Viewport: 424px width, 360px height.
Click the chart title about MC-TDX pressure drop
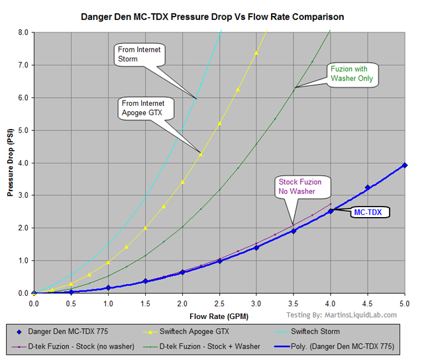coord(212,15)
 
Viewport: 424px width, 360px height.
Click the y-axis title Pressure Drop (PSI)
coord(11,163)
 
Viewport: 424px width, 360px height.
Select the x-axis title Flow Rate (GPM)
coord(219,316)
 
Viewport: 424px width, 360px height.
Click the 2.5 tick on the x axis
coord(219,303)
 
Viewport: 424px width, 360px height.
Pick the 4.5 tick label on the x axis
coord(368,303)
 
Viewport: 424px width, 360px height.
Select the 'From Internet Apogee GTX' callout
coord(147,107)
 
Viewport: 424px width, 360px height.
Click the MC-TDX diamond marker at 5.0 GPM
coord(405,165)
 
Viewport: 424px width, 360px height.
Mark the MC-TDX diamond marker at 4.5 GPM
coord(368,188)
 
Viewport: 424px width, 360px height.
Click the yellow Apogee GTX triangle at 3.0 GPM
coord(256,53)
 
